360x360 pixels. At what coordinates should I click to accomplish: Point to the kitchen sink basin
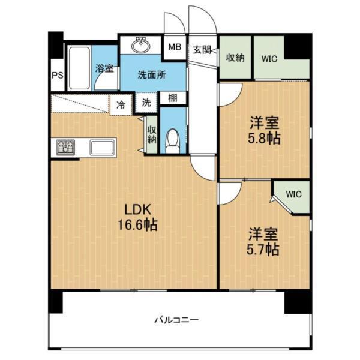(104, 146)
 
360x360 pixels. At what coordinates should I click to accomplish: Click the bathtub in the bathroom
(78, 67)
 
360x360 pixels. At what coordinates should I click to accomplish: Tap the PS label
(57, 76)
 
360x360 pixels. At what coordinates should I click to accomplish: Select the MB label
(175, 46)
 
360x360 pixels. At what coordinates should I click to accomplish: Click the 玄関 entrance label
(202, 50)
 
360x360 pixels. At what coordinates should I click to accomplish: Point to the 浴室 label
(104, 68)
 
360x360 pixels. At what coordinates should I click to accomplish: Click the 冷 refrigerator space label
(121, 104)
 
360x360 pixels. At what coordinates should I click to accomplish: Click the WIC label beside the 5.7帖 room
(293, 194)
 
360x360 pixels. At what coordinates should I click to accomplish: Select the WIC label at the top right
(269, 58)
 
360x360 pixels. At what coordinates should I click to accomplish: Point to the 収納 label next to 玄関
(235, 58)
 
